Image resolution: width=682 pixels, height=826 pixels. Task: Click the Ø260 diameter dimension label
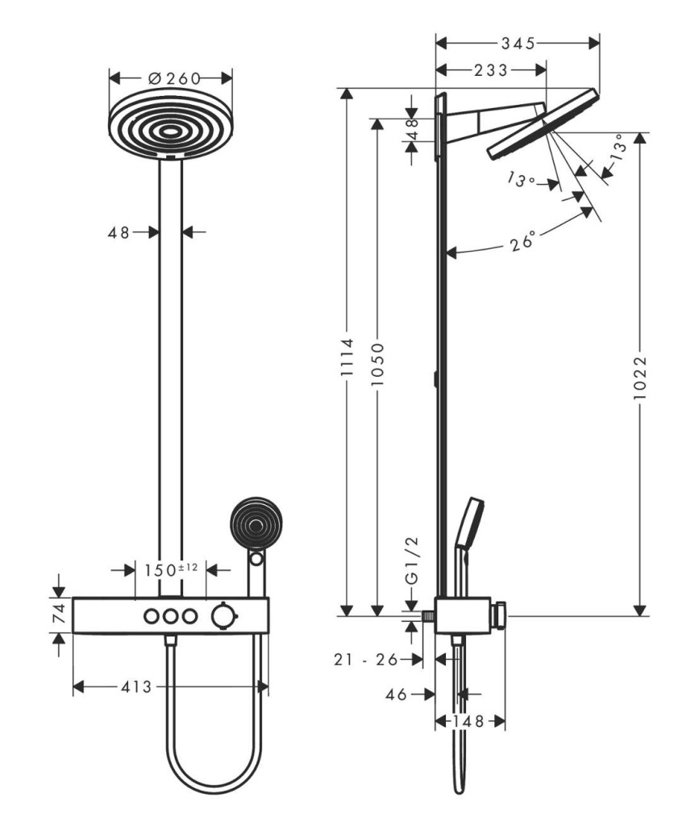174,78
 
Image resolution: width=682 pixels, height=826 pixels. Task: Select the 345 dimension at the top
518,44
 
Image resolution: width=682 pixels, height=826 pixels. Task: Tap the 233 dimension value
491,69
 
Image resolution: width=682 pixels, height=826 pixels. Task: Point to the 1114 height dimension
347,357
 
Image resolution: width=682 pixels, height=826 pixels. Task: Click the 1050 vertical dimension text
377,364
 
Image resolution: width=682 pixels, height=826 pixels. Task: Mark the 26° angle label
522,241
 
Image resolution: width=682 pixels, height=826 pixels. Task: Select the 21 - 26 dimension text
365,659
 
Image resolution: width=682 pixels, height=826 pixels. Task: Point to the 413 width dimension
136,687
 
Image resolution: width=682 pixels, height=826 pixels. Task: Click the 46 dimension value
396,695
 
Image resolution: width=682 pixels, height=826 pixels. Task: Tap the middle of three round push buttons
170,615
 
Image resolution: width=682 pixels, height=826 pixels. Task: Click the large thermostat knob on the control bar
224,615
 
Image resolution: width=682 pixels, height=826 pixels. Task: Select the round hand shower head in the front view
257,523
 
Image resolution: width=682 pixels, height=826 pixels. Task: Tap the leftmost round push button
151,615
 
